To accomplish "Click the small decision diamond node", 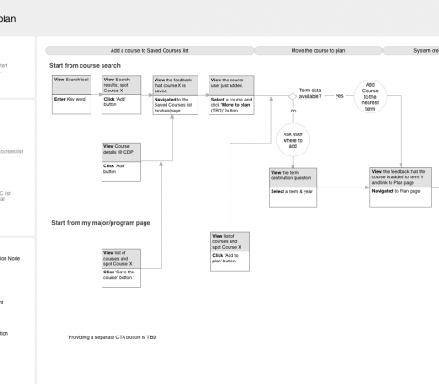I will (x=293, y=96).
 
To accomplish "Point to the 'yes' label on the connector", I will (x=339, y=96).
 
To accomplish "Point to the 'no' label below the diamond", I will (x=294, y=111).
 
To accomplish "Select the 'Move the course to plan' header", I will (x=322, y=51).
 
